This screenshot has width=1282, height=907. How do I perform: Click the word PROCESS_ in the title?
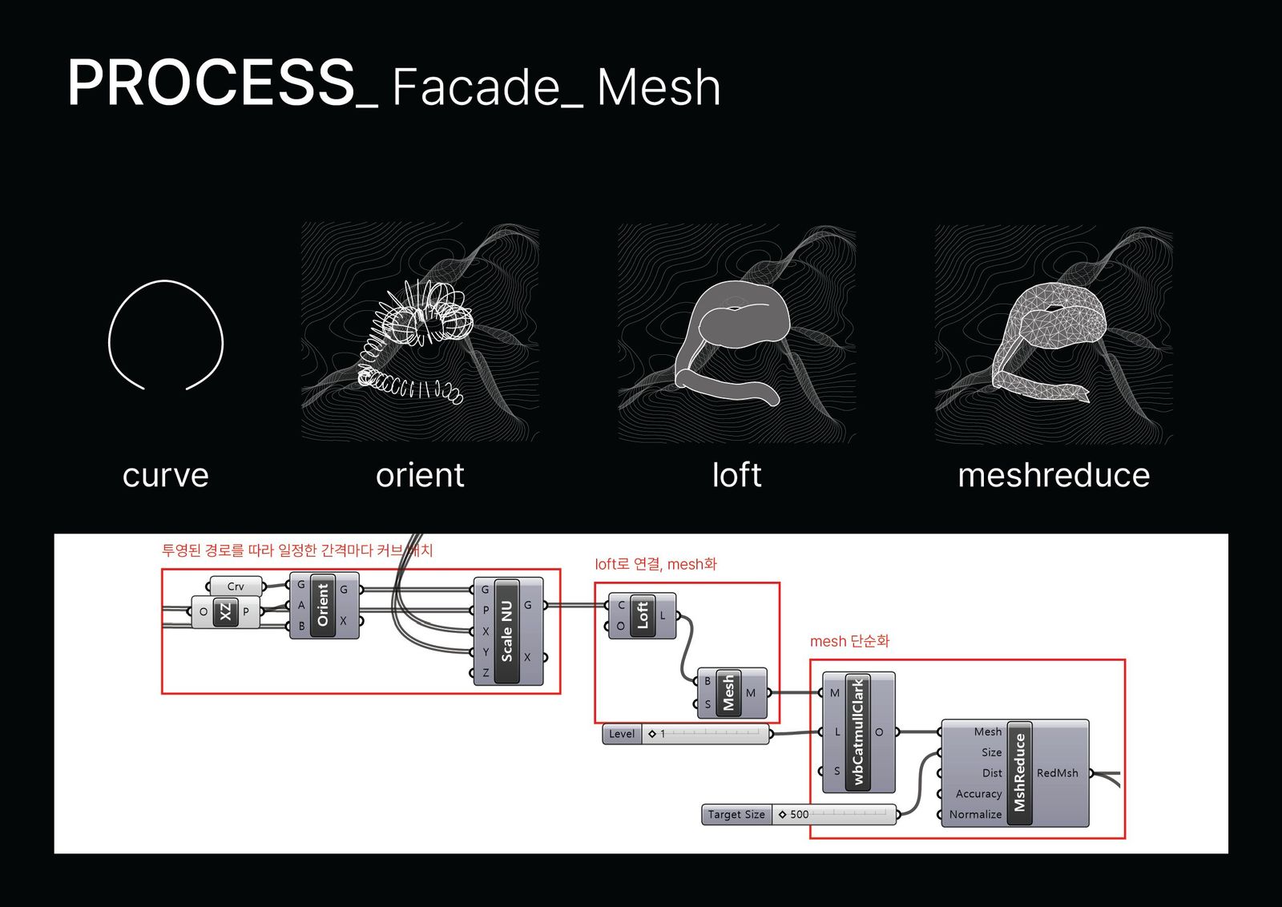(221, 83)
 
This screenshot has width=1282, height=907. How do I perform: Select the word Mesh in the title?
(659, 87)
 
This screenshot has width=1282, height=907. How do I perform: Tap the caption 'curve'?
(165, 475)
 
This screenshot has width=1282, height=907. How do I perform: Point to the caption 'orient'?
(420, 475)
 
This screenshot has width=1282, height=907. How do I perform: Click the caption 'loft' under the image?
(736, 475)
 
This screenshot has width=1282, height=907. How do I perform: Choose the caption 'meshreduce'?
(1054, 475)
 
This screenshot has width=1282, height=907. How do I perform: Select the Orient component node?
(323, 605)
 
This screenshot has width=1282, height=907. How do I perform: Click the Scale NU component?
(507, 631)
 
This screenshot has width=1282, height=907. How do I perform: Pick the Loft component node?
(642, 615)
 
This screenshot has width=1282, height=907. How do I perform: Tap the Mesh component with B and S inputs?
(728, 692)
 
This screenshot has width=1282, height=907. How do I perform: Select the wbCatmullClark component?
(858, 732)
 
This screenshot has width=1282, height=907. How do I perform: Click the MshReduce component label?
(1019, 772)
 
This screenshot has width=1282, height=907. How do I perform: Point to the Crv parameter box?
(236, 587)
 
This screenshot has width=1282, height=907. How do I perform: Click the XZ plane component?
(226, 612)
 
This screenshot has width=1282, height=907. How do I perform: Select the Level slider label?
(622, 734)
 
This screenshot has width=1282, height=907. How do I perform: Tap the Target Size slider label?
(736, 815)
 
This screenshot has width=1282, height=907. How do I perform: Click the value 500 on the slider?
(799, 815)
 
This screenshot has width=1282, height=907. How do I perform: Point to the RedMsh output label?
(1057, 773)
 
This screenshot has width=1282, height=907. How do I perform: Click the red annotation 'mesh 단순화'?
(849, 641)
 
